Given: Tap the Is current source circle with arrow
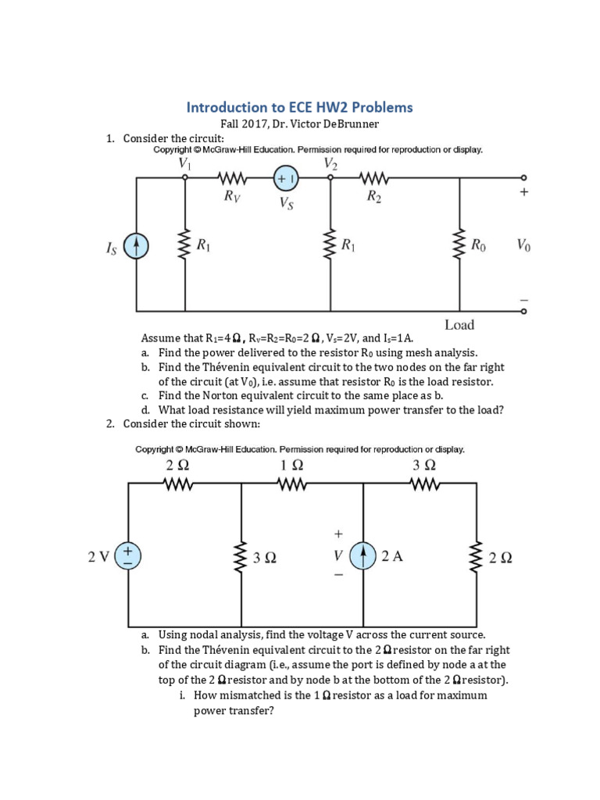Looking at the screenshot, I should [x=137, y=247].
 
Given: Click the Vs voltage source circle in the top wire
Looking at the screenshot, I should [x=285, y=179].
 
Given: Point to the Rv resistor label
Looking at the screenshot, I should [x=232, y=198].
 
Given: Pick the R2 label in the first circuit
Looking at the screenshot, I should [x=374, y=198].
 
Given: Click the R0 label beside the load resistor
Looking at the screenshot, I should [x=478, y=245].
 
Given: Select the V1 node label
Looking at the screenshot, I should [x=184, y=163].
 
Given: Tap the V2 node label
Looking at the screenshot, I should [x=330, y=163].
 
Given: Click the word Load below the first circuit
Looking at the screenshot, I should [x=459, y=325].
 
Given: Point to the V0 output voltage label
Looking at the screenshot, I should [x=523, y=245].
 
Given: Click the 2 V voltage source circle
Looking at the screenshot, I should [x=128, y=556].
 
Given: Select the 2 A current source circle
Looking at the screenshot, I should [x=364, y=556].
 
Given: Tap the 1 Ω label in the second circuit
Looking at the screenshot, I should [x=291, y=466].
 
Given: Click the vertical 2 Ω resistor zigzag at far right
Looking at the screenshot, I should [x=475, y=556].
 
